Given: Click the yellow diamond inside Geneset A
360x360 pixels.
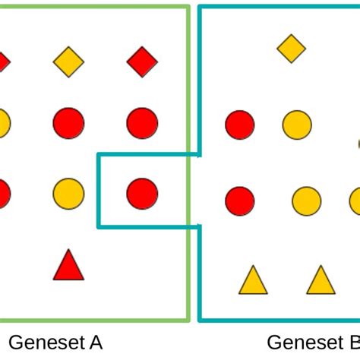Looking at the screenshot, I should click(68, 62).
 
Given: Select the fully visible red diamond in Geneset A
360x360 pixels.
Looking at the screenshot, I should click(142, 62).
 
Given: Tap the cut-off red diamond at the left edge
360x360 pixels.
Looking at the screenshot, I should click(3, 62).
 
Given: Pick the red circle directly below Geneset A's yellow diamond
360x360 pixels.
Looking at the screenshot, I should click(68, 123).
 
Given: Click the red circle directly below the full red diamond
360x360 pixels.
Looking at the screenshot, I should click(142, 123).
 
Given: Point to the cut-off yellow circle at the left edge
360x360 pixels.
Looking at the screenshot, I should click(3, 123).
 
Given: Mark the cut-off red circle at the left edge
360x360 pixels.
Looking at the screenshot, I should click(3, 194).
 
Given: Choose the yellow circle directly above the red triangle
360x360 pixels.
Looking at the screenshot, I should click(68, 194).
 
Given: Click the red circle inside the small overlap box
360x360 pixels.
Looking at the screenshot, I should click(142, 194).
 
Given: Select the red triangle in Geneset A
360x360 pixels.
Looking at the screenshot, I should click(68, 266).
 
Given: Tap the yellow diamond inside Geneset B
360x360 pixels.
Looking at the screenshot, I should click(291, 49).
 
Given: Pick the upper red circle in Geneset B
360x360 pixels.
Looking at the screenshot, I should click(240, 125).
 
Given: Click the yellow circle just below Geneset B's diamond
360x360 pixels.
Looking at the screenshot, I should click(297, 125).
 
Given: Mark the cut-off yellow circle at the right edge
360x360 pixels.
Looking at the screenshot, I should click(355, 201).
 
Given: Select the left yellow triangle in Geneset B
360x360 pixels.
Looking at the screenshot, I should click(253, 280).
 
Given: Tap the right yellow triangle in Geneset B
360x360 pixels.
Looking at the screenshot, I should click(321, 280).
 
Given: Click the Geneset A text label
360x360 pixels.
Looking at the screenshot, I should click(55, 343).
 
